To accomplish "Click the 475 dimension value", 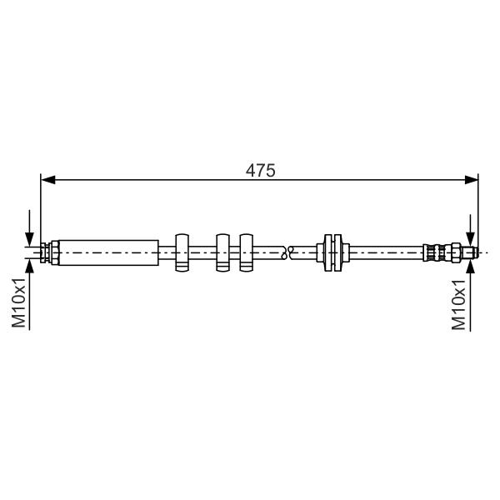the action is pyautogui.click(x=260, y=171).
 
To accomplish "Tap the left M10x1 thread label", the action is pyautogui.click(x=18, y=302).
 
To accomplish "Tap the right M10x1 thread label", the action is pyautogui.click(x=458, y=304).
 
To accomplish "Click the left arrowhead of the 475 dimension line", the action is pyautogui.click(x=48, y=180).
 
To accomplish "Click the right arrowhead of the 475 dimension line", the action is pyautogui.click(x=472, y=180).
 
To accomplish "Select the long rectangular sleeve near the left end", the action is pyautogui.click(x=108, y=252).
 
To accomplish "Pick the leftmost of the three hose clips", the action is pyautogui.click(x=182, y=252).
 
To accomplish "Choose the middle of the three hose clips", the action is pyautogui.click(x=222, y=252).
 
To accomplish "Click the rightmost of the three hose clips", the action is pyautogui.click(x=246, y=252).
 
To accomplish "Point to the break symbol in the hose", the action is pyautogui.click(x=287, y=252).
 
